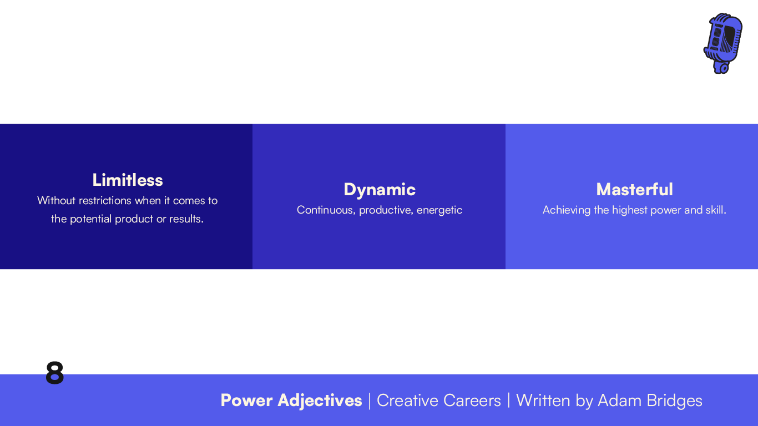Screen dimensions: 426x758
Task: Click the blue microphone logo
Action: click(x=723, y=43)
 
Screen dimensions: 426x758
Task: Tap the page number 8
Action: click(x=54, y=373)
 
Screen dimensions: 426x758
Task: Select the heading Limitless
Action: click(x=128, y=180)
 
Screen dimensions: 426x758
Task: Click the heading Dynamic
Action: click(x=380, y=189)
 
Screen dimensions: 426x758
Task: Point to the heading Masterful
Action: click(x=634, y=189)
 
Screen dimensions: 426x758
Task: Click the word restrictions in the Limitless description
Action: click(x=105, y=200)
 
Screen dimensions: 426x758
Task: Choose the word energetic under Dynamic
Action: click(x=439, y=210)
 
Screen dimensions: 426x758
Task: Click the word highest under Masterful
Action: click(x=629, y=210)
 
